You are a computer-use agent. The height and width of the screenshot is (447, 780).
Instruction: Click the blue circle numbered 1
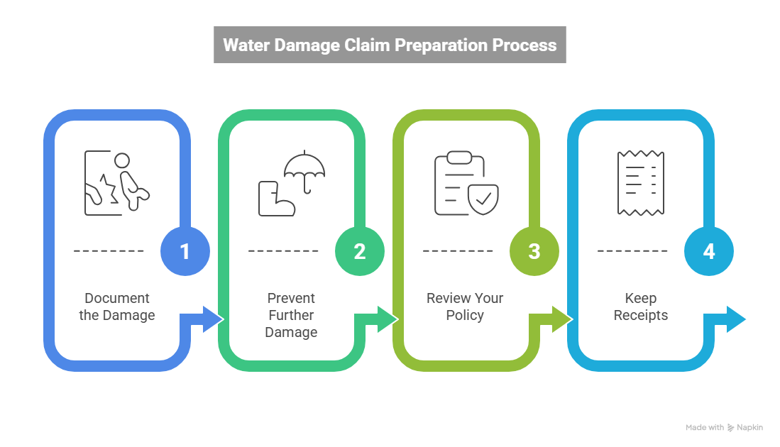[x=185, y=251]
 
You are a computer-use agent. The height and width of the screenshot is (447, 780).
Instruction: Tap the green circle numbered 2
[x=360, y=251]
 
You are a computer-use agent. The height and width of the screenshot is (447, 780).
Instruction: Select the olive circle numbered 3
[x=534, y=251]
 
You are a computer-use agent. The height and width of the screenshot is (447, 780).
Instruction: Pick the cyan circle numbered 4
[x=709, y=251]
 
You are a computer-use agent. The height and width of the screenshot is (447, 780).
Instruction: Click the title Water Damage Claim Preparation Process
[x=390, y=45]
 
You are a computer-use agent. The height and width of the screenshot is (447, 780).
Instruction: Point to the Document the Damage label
[x=116, y=307]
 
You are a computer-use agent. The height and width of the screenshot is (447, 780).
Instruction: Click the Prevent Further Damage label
[x=291, y=314]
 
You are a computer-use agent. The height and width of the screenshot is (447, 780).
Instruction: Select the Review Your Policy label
[x=465, y=307]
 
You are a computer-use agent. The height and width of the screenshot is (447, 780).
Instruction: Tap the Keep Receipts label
[x=640, y=307]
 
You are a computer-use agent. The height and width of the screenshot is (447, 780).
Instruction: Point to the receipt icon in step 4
[x=640, y=182]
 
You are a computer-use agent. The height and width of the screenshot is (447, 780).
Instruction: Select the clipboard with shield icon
[x=466, y=183]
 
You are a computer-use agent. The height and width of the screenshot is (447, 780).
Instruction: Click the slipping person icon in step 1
[x=118, y=182]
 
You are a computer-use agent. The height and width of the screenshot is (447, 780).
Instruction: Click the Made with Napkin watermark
[x=724, y=427]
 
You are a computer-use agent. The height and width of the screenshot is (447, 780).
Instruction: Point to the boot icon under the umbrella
[x=273, y=198]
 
